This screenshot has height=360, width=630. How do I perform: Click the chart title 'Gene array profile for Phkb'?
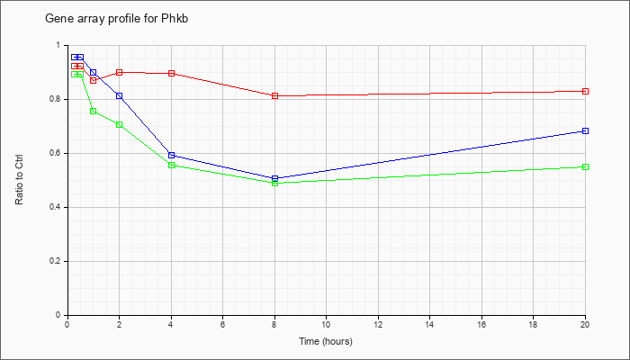[116, 19]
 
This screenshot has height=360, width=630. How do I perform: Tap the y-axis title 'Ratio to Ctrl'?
[19, 180]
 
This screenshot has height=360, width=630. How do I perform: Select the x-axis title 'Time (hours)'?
[326, 341]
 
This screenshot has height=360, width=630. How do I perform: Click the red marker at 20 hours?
[585, 92]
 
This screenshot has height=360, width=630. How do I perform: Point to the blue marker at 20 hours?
[585, 131]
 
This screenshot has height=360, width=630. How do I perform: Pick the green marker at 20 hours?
[585, 167]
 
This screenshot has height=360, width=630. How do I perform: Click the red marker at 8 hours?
[274, 96]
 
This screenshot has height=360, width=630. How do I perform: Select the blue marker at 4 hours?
[172, 155]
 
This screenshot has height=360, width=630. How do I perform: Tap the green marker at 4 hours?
[172, 165]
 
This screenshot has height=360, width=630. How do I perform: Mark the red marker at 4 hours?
[172, 74]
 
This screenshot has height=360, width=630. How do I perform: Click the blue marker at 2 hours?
[120, 96]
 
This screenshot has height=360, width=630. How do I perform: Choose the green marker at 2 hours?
[120, 125]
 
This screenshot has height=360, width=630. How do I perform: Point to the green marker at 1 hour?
[94, 112]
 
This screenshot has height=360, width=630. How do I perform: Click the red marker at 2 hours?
[120, 72]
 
